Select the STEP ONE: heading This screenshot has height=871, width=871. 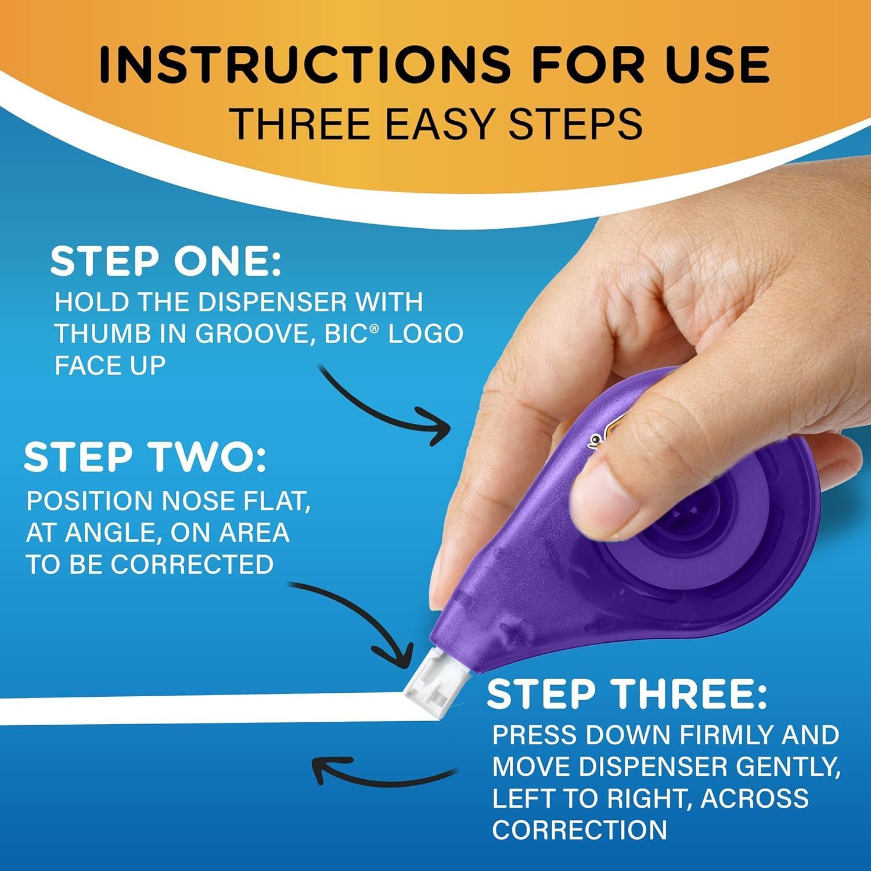click(166, 262)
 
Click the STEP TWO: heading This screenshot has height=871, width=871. click(145, 458)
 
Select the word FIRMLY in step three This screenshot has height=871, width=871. click(726, 735)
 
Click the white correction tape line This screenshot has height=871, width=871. click(203, 708)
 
